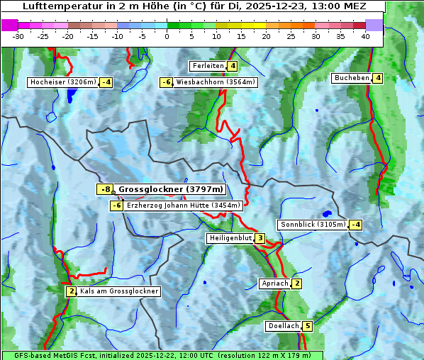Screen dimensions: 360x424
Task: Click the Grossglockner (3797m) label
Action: click(x=171, y=190)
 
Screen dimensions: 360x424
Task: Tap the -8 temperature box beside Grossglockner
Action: click(x=105, y=190)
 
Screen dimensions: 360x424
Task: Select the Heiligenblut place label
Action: click(x=230, y=238)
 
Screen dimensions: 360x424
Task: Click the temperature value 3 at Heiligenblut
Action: click(x=260, y=238)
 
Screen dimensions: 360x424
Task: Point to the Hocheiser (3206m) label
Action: click(x=62, y=82)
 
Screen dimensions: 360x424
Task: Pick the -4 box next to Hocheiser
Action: click(x=106, y=82)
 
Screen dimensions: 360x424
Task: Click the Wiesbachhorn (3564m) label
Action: click(x=216, y=82)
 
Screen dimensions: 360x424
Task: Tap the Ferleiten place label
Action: click(x=208, y=66)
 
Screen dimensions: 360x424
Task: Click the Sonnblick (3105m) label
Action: click(x=313, y=225)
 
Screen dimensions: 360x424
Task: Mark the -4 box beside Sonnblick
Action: click(x=356, y=225)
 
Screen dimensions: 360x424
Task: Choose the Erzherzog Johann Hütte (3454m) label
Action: click(x=184, y=206)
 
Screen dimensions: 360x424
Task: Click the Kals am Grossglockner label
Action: click(x=118, y=291)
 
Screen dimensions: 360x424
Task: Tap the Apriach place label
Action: click(x=275, y=283)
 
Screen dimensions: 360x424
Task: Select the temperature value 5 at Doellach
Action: click(x=307, y=326)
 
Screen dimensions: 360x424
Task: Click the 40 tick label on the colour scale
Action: click(x=365, y=36)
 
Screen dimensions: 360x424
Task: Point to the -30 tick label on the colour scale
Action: click(x=18, y=36)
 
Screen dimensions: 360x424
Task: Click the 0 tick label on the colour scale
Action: click(x=167, y=36)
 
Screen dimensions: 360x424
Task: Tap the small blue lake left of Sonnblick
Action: click(x=326, y=213)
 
